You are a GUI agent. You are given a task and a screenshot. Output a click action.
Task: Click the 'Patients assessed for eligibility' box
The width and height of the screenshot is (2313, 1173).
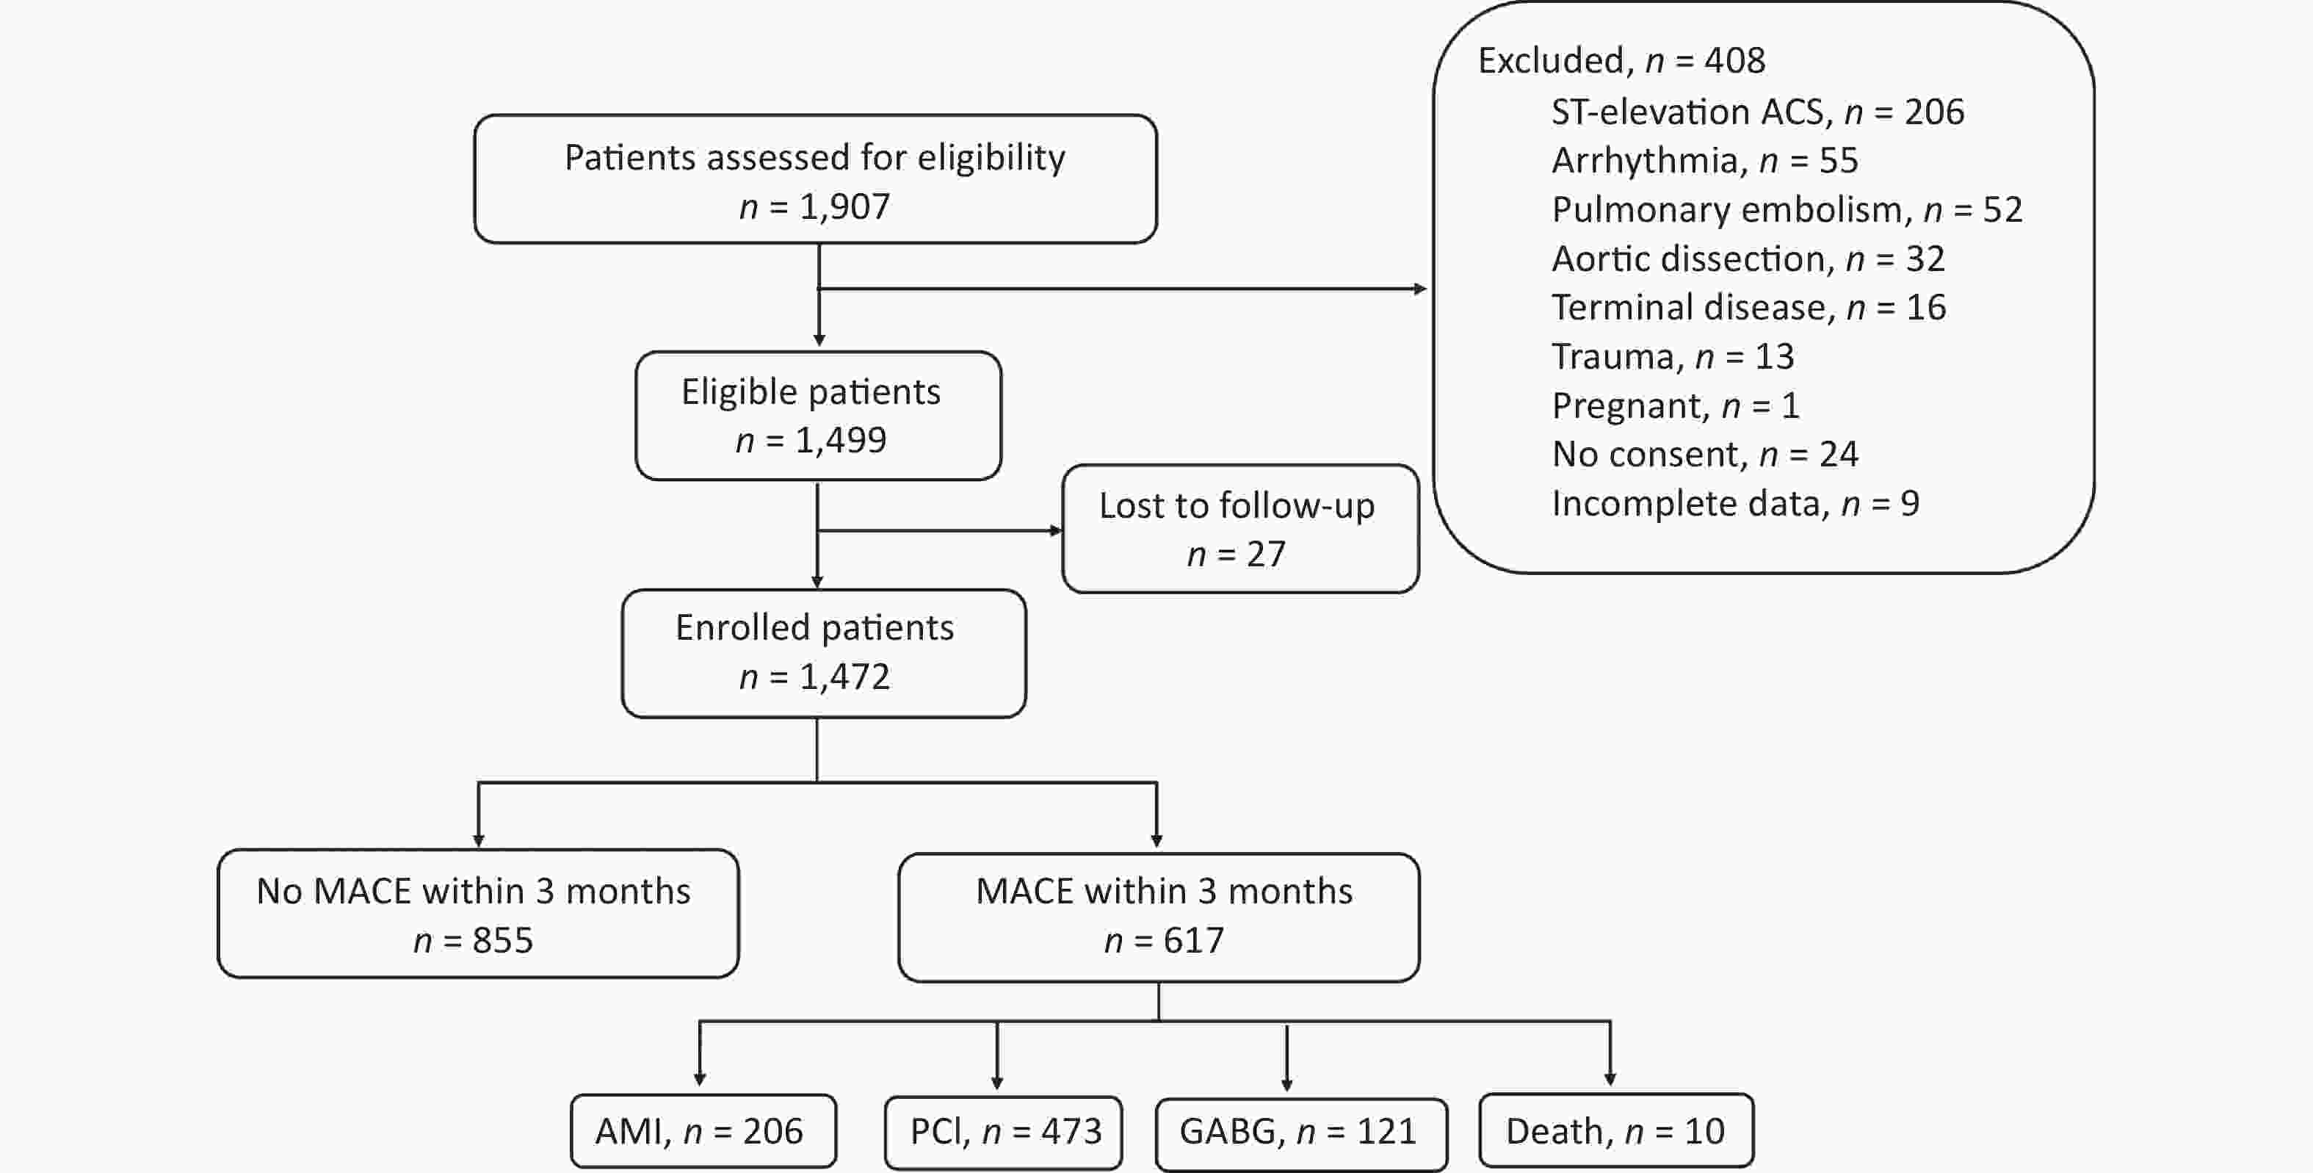[x=815, y=178]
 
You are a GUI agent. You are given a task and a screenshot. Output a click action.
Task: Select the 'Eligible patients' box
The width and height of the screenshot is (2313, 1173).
[x=818, y=416]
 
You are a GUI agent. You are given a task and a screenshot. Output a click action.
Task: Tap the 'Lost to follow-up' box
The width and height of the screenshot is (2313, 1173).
[x=1240, y=529]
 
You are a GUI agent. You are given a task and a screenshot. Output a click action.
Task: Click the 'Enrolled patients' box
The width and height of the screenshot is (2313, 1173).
[x=823, y=653]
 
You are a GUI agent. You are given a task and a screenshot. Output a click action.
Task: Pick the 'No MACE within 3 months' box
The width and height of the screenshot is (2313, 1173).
[x=478, y=914]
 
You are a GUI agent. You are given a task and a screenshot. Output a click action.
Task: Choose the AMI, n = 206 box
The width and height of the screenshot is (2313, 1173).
[x=703, y=1131]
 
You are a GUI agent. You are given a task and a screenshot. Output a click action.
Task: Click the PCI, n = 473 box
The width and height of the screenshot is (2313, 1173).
[x=1003, y=1133]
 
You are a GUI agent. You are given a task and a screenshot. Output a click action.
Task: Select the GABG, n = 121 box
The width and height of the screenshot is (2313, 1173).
[x=1301, y=1133]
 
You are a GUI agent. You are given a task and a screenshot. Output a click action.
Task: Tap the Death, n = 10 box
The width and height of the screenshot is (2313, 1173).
[x=1616, y=1130]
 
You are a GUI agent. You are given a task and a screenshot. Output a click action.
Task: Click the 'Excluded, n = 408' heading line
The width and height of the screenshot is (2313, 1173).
[x=1621, y=61]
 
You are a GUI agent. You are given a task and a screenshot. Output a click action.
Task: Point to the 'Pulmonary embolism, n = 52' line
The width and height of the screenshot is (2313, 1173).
[x=1787, y=210]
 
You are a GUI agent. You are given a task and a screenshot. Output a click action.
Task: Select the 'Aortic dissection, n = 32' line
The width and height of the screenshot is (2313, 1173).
[x=1748, y=259]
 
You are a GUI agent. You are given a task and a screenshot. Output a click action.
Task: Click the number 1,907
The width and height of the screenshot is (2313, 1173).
[x=844, y=207]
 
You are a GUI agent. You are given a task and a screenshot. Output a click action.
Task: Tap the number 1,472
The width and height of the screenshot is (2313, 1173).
[x=844, y=677]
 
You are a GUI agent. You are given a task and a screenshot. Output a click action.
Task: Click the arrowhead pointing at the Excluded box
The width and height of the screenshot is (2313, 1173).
[x=1421, y=289]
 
